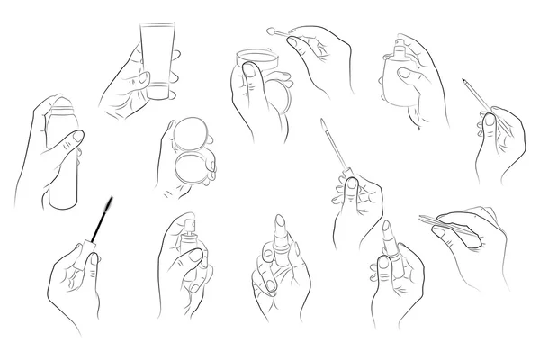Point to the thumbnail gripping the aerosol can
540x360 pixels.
tap(77, 137)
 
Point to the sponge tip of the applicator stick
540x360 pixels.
tap(267, 31)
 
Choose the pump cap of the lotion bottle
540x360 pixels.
tap(400, 44)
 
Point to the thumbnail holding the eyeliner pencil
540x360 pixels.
tap(490, 119)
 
